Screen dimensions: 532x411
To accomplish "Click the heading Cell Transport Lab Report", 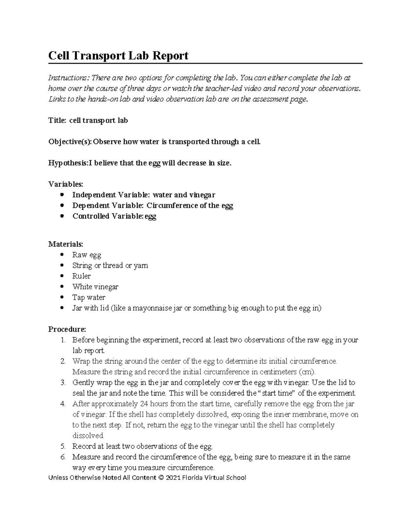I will click(x=118, y=55).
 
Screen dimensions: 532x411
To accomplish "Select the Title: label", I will click(x=57, y=121).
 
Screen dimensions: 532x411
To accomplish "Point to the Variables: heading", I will click(x=65, y=184).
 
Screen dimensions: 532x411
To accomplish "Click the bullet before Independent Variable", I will click(x=62, y=195).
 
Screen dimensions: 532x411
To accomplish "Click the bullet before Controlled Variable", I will click(x=62, y=216).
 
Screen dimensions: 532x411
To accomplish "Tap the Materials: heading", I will click(x=65, y=244).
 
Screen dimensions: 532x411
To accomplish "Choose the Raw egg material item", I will click(x=87, y=255).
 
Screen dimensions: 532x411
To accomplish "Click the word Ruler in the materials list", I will click(x=82, y=276).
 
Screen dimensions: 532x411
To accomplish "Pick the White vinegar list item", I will click(x=95, y=287).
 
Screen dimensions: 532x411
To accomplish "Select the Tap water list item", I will click(x=89, y=297).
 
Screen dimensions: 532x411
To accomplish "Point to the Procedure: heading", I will click(x=67, y=329).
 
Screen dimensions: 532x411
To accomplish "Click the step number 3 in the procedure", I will click(x=63, y=382).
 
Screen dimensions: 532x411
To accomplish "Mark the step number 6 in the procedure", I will click(x=63, y=457).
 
